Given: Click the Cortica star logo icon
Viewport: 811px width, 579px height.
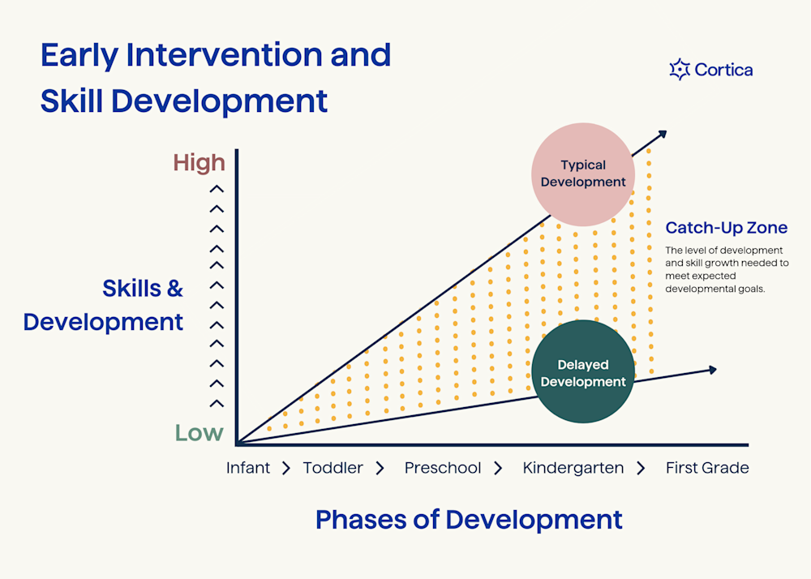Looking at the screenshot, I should tap(679, 70).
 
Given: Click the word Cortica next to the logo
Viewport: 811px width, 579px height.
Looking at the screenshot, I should tap(723, 70).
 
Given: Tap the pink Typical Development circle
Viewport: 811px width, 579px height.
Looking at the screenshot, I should tap(583, 174).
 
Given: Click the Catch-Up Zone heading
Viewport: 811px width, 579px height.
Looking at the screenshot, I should tap(726, 228).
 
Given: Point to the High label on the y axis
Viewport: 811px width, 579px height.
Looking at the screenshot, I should tap(199, 163).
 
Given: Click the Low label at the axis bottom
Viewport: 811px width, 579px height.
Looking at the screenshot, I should tap(199, 432).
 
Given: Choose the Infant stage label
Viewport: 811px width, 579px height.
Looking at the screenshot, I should tap(248, 468).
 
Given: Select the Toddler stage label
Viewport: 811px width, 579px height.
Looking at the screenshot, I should tap(333, 468).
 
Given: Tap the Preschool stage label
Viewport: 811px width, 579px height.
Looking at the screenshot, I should tap(443, 468).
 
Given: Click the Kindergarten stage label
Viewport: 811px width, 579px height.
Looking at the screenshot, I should tap(573, 468).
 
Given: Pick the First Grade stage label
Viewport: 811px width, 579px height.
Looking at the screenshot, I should tap(707, 468).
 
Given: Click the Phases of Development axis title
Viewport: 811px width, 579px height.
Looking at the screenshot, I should tap(469, 519).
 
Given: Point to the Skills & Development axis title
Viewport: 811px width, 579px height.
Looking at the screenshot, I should tap(104, 305).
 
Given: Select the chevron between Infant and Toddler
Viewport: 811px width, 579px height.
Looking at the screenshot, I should tap(285, 468).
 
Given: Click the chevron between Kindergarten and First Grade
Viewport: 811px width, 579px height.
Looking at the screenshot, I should tap(641, 468).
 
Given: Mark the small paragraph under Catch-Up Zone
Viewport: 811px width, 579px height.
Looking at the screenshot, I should tap(727, 268).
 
